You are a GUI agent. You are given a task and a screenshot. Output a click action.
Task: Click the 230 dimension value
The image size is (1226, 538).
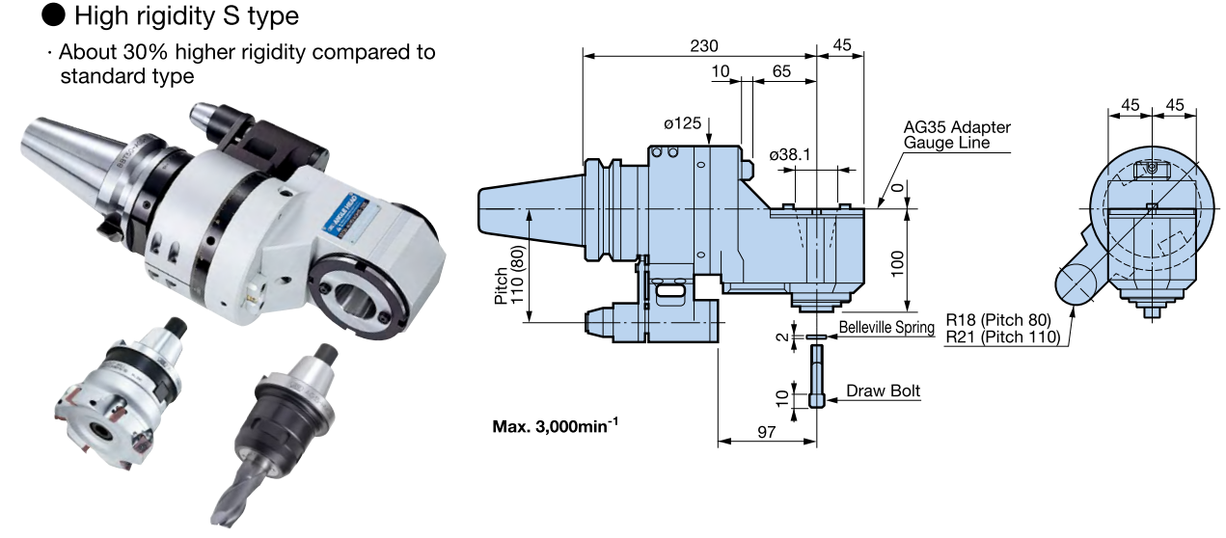coord(703,45)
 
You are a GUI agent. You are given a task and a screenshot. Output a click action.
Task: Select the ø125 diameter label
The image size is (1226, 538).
coord(682,123)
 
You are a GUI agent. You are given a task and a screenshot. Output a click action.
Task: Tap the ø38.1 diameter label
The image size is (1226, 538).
coord(789,154)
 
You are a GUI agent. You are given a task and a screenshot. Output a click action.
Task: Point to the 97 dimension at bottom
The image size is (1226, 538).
coord(767,434)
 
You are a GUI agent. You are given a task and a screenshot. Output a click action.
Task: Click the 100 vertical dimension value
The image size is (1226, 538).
coord(897,260)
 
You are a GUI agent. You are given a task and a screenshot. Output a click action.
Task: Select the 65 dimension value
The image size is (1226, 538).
coord(782,71)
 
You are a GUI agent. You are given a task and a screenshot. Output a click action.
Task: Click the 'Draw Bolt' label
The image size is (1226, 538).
coord(884,390)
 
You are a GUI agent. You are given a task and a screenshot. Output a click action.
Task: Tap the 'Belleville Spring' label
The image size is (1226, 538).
coord(886,327)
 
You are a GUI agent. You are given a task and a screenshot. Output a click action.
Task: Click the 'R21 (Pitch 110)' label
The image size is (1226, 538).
coord(1002,336)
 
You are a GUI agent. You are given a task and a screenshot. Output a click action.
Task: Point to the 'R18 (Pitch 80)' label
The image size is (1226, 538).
coord(997,319)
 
